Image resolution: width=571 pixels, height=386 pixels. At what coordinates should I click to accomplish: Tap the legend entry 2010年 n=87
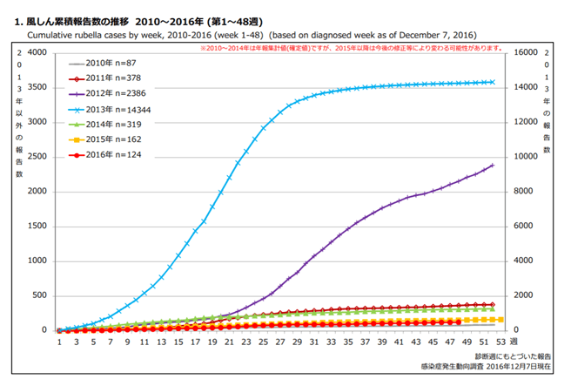coord(115,63)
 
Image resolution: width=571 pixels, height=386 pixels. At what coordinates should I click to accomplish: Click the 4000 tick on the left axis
coord(36,52)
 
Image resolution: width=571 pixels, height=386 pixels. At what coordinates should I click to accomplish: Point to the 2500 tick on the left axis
coord(36,157)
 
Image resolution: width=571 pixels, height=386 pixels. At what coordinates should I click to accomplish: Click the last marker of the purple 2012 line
coord(492,166)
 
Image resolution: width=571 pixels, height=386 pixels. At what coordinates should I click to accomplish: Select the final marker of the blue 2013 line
coord(492,82)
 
